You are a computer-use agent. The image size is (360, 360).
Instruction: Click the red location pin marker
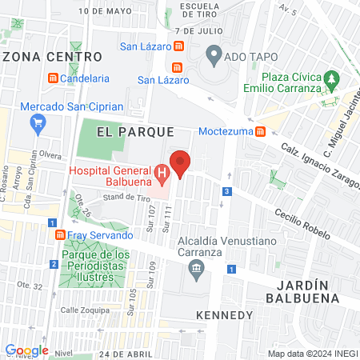[x=181, y=162]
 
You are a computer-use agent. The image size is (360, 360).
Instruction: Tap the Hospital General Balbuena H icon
[x=162, y=172]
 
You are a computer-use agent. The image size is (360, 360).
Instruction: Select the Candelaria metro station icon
[x=54, y=78]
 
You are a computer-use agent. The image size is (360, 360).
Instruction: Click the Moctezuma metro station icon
[x=261, y=131]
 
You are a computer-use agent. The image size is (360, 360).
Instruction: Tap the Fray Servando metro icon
[x=61, y=236]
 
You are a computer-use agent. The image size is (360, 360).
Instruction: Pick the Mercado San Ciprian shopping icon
[x=37, y=123]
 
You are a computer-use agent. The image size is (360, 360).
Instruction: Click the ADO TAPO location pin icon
[x=214, y=55]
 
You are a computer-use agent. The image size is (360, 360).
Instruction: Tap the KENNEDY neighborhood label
[x=224, y=314]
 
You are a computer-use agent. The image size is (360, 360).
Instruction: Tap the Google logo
[x=26, y=350]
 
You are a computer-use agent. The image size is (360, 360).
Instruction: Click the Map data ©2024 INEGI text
[x=311, y=353]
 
